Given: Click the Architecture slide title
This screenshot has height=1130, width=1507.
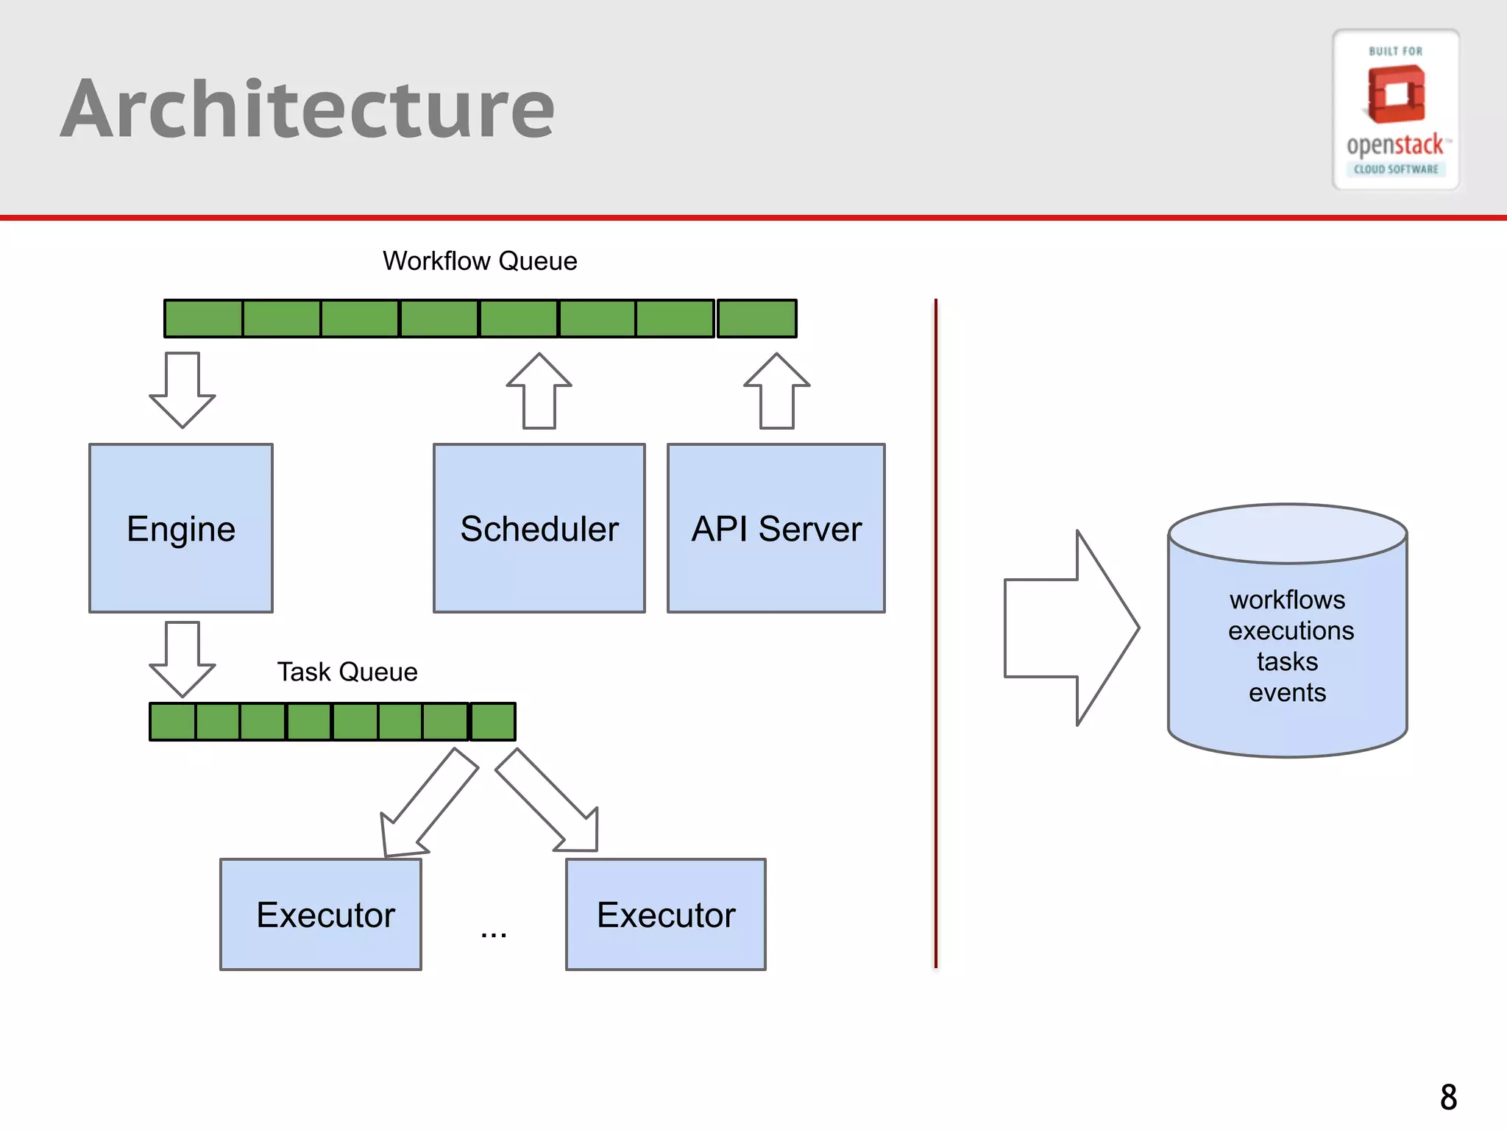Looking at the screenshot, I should (x=308, y=109).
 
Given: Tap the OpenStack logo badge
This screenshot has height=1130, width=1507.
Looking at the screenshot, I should (x=1395, y=109).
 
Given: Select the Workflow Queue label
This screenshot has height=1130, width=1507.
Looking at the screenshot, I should (x=480, y=261).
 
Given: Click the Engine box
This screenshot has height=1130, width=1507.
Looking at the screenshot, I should (x=181, y=528).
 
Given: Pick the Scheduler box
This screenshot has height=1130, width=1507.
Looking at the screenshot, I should (x=539, y=528).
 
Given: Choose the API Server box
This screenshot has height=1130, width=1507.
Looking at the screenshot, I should (x=776, y=528).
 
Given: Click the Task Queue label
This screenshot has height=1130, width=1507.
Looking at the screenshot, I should (x=347, y=672).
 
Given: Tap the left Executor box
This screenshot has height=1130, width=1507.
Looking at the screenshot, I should (x=321, y=914).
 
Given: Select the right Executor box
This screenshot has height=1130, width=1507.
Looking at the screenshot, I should (x=666, y=914).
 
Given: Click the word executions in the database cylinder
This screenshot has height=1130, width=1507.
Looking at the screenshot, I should (x=1291, y=630).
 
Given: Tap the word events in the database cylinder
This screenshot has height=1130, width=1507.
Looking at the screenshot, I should (x=1287, y=692).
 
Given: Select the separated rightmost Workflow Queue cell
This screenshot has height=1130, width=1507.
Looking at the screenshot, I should (x=757, y=319).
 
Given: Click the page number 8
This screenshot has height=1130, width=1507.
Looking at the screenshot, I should (x=1448, y=1097).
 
